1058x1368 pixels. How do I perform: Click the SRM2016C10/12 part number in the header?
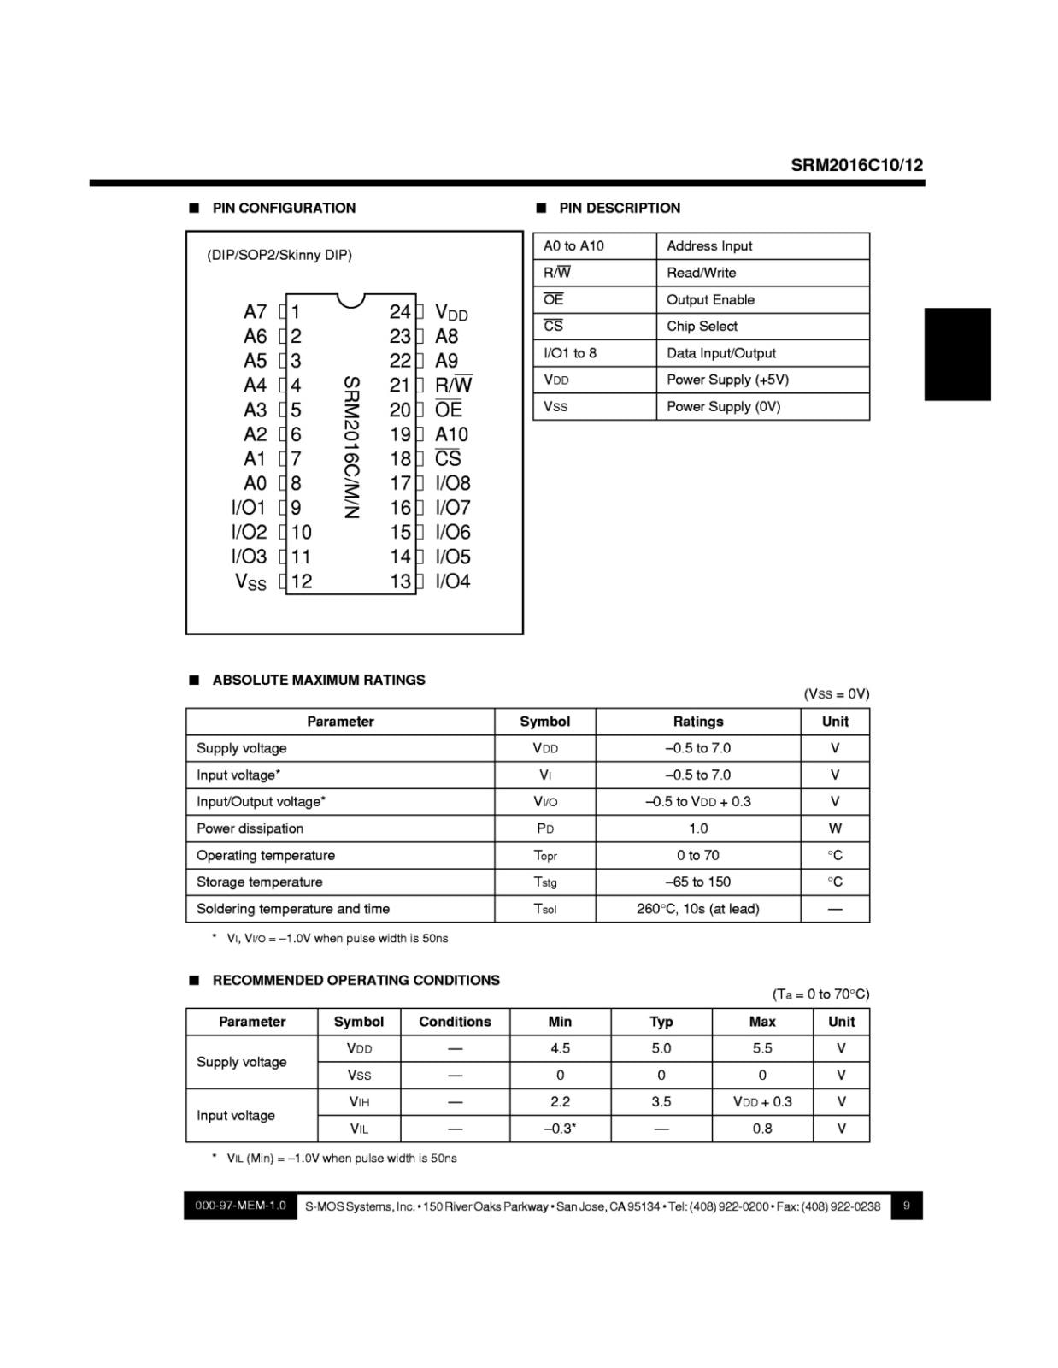pos(856,165)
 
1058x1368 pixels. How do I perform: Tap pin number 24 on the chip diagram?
pos(399,312)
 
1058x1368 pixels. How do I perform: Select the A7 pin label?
pos(255,312)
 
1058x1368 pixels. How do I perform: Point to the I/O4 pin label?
pos(453,581)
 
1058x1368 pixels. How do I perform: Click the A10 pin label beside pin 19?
pos(451,434)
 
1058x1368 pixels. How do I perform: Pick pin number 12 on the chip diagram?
pos(302,581)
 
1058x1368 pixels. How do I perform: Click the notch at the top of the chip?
pos(350,300)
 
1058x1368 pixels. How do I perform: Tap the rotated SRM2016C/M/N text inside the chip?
pos(350,446)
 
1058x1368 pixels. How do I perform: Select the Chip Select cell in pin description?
pos(702,326)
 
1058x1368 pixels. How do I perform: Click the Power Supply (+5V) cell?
pos(727,380)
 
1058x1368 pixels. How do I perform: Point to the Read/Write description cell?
pos(701,273)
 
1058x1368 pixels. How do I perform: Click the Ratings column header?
pos(697,722)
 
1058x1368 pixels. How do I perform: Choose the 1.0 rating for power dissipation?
pos(697,828)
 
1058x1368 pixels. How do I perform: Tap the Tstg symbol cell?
pos(544,882)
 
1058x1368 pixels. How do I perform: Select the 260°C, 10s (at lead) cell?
pos(697,909)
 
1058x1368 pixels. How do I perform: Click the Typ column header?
pos(661,1022)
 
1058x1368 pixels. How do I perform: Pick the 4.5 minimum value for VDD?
pos(560,1048)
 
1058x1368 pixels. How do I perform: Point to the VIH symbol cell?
pos(359,1102)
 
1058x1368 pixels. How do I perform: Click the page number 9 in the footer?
pos(906,1206)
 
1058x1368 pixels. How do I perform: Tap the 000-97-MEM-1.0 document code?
pos(240,1206)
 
